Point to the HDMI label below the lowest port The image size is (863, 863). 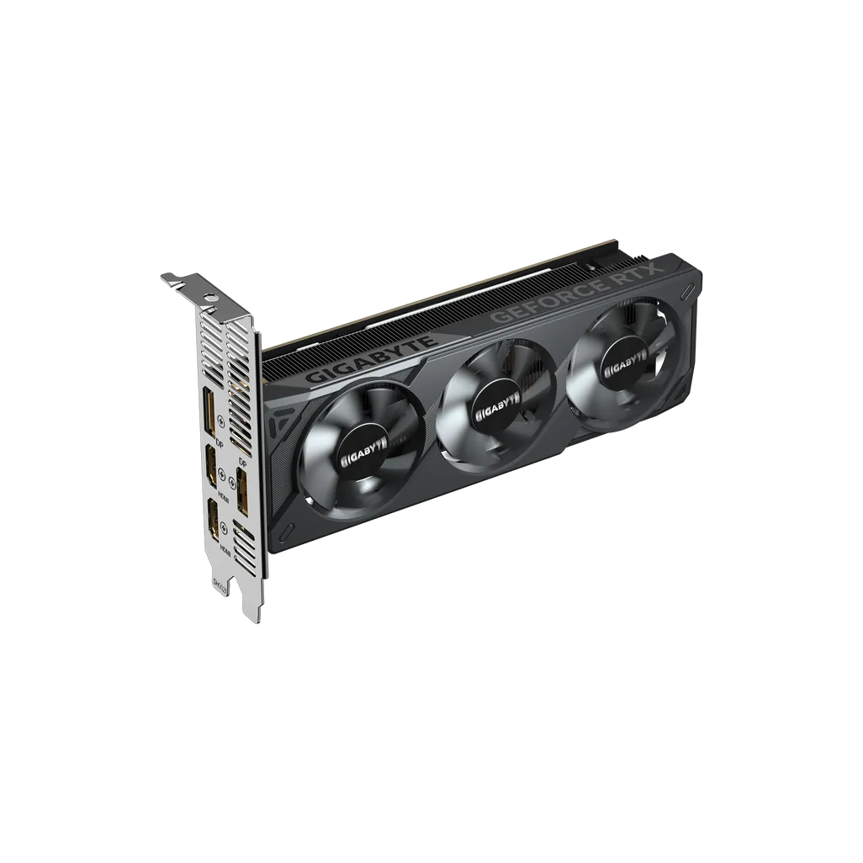point(225,548)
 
